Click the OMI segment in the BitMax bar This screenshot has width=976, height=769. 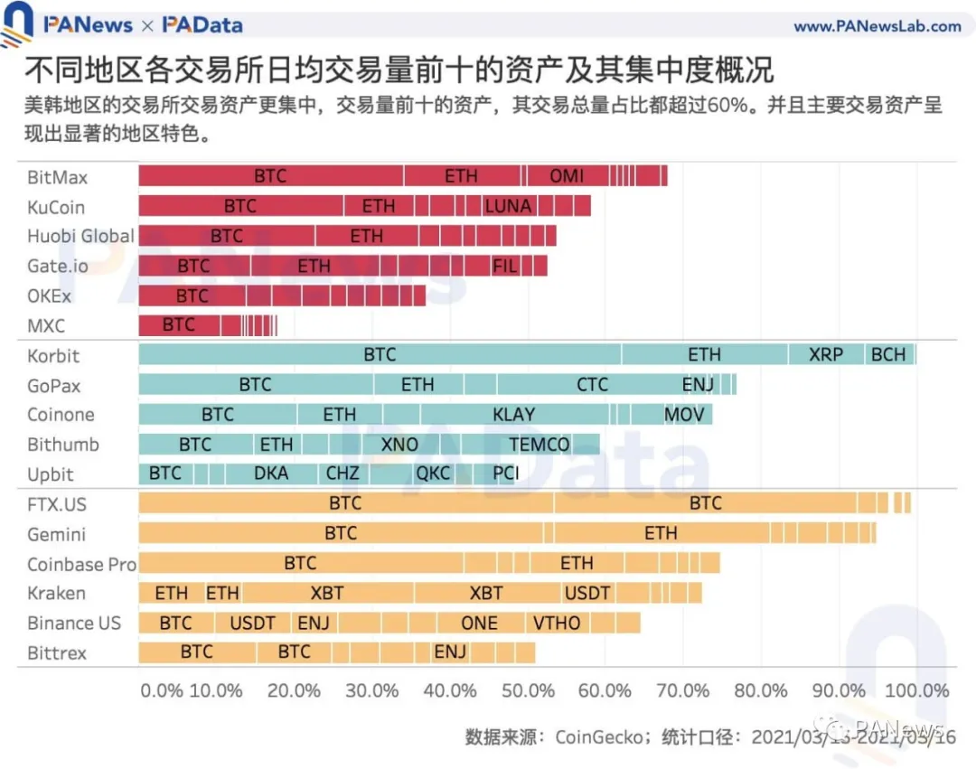pos(567,176)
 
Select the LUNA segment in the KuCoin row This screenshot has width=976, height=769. pos(507,206)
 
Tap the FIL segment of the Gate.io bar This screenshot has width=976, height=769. pos(505,266)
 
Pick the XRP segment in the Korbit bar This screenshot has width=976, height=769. pos(826,355)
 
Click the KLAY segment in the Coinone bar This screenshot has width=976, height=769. pos(513,415)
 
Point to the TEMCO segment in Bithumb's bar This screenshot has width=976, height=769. pos(540,445)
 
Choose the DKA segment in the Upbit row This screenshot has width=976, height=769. pos(271,474)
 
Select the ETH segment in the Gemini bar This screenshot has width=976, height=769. pos(661,533)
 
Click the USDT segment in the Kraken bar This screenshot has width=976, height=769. pos(587,594)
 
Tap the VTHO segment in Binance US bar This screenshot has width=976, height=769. pos(557,624)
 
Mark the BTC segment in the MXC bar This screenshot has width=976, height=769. pos(179,325)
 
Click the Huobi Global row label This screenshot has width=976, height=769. pos(80,237)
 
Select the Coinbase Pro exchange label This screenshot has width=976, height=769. pos(81,564)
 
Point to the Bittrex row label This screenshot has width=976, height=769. pos(57,652)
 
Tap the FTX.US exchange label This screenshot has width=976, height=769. pos(58,504)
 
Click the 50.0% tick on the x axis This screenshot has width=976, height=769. pos(528,691)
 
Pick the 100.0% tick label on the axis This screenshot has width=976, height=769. pos(915,691)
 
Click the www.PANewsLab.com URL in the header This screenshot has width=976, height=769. pos(877,26)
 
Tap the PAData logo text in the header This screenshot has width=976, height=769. pos(202,25)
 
